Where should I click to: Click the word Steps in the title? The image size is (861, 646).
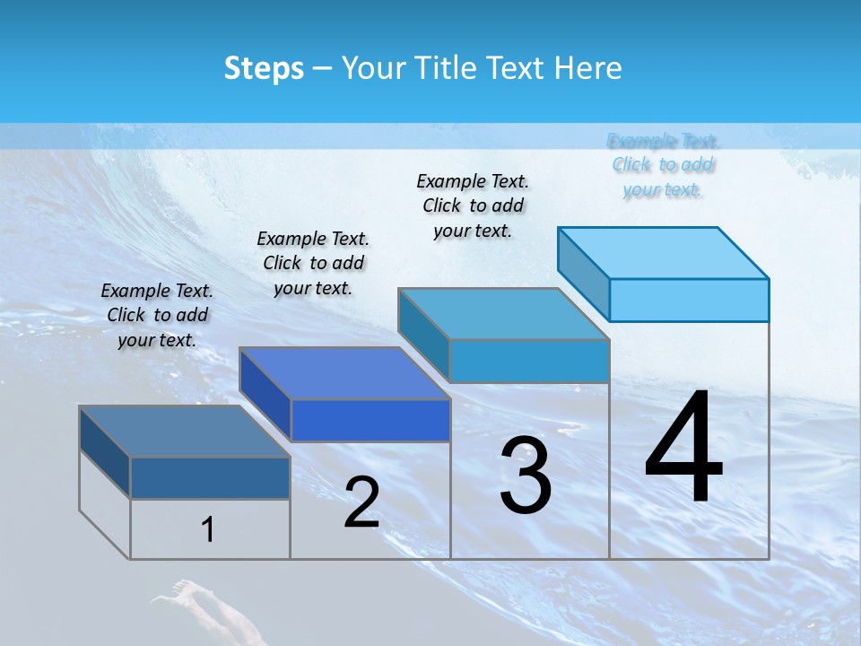264,68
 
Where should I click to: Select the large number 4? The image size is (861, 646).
683,449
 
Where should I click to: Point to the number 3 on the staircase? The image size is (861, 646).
526,476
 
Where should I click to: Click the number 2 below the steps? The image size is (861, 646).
361,503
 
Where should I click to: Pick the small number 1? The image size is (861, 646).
208,530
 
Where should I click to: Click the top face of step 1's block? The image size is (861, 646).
184,432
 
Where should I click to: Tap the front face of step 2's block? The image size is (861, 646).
370,420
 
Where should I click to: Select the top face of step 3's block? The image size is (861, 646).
503,314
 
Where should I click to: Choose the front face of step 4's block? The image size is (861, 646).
689,300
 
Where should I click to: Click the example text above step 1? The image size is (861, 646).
157,315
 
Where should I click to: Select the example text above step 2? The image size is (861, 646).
313,263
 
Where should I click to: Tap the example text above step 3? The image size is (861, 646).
473,205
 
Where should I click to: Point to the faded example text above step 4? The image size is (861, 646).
663,165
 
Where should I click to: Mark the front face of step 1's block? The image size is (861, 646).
210,477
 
